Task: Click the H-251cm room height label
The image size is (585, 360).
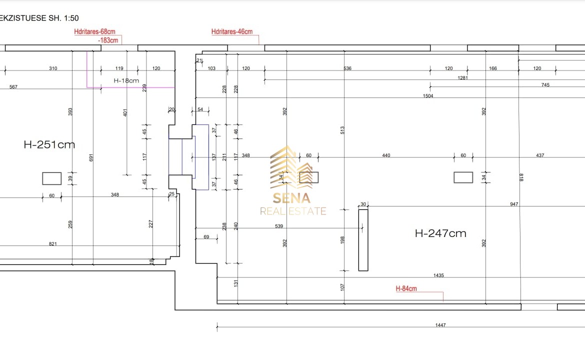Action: tap(49, 145)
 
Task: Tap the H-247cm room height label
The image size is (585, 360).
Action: tap(440, 233)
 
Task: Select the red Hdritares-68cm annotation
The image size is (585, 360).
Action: tap(94, 32)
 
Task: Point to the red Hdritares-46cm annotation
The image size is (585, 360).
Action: tap(232, 32)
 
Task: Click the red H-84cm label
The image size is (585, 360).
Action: tap(406, 288)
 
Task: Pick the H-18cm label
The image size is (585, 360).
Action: tap(126, 80)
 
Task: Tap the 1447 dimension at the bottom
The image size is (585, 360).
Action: tap(440, 325)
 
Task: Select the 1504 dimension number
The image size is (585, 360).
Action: tap(428, 96)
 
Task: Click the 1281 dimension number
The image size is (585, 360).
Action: tap(462, 78)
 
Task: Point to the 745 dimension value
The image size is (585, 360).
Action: tap(545, 85)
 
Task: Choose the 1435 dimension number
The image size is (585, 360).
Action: tap(439, 275)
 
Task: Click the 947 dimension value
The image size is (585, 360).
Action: tap(514, 204)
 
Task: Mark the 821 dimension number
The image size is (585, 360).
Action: tap(53, 244)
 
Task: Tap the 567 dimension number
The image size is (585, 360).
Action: tap(13, 87)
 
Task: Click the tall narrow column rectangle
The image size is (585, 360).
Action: tap(363, 240)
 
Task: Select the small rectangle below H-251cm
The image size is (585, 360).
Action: tap(51, 178)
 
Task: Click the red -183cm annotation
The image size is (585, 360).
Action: tap(108, 40)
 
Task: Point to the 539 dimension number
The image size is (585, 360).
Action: tap(279, 226)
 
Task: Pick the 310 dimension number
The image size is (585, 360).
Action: tap(53, 68)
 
